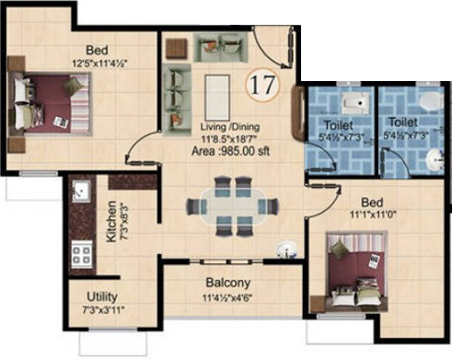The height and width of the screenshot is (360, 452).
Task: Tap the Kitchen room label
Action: tap(111, 221)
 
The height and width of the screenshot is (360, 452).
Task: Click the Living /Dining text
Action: tap(229, 129)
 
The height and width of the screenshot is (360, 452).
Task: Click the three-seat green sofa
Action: tap(175, 87)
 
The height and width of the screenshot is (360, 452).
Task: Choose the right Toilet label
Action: tap(402, 122)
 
